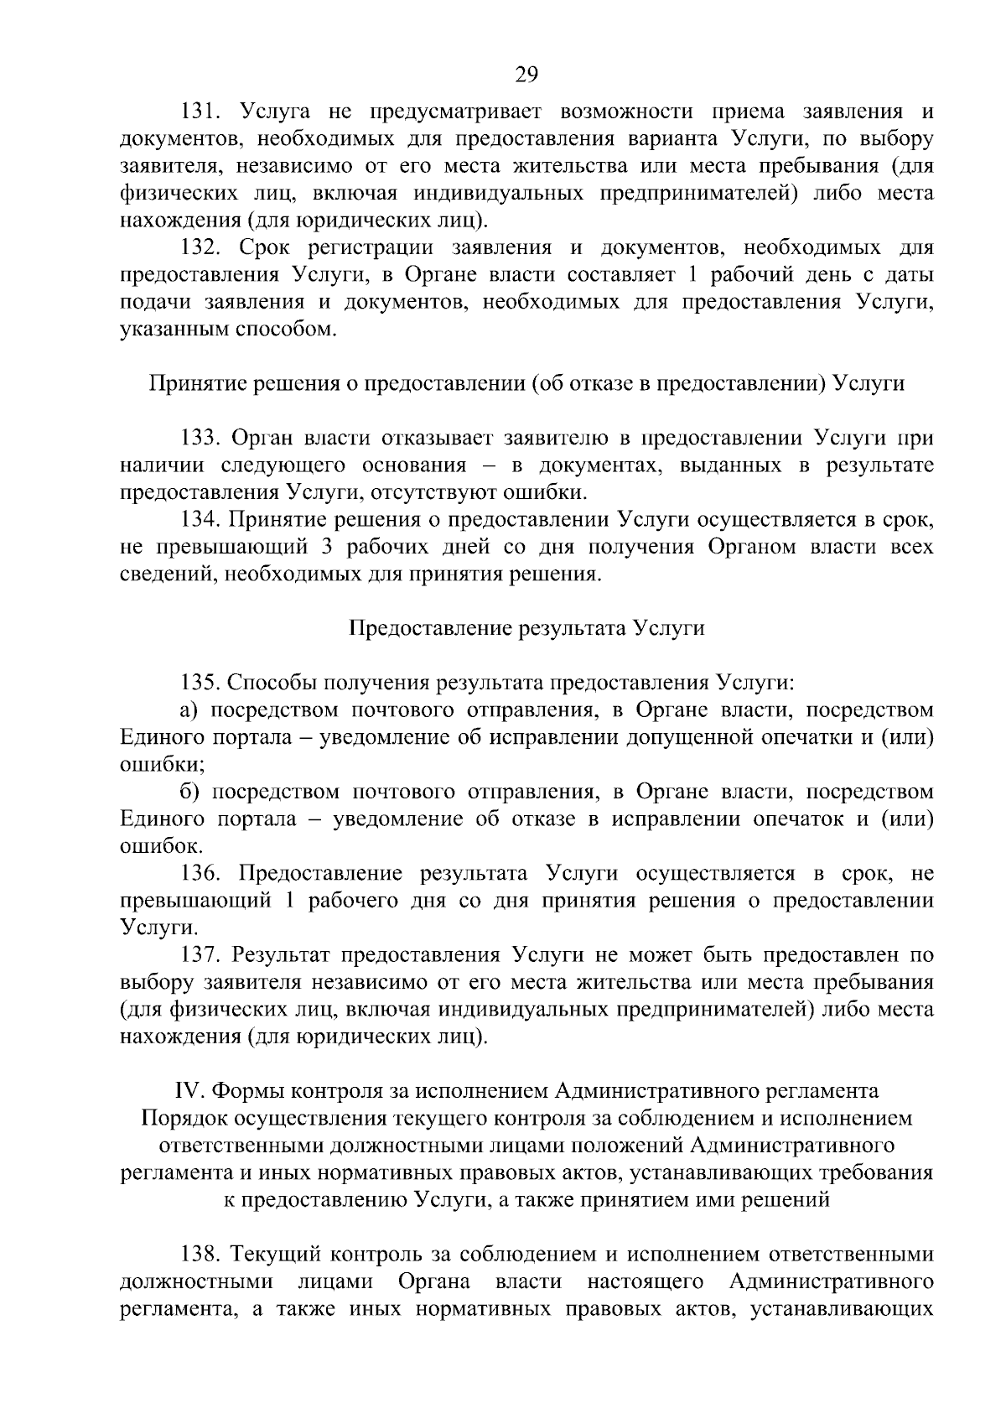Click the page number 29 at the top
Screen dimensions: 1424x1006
(526, 75)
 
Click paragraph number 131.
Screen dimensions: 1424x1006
(201, 112)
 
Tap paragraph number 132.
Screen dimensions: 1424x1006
(201, 248)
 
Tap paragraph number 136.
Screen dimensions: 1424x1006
(201, 874)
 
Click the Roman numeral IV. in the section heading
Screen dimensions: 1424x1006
(188, 1092)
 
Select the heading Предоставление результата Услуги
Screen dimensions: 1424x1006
(526, 629)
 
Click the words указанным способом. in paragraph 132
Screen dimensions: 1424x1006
(228, 330)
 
